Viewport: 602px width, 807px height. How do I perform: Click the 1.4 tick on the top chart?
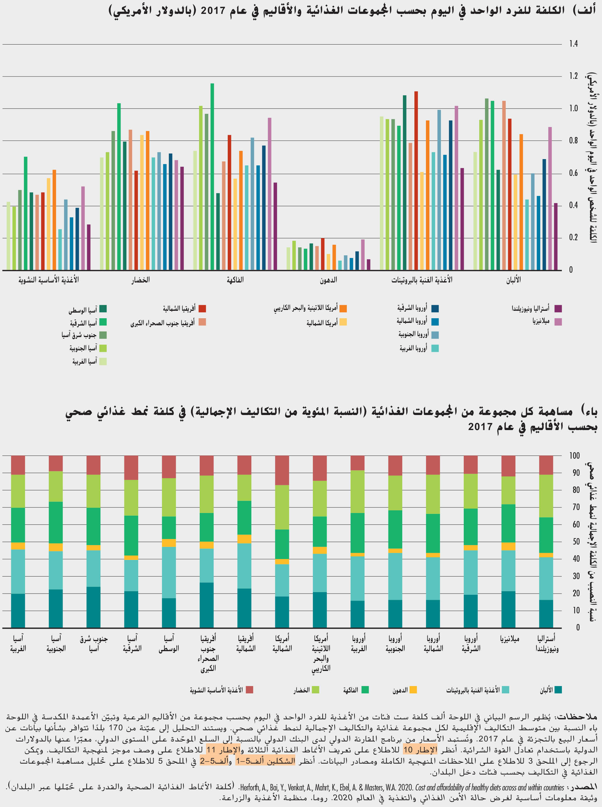[574, 44]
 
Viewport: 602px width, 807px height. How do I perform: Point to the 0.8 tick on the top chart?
[574, 141]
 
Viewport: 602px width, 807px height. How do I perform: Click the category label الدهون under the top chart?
[328, 280]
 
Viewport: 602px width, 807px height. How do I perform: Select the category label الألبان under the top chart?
[513, 280]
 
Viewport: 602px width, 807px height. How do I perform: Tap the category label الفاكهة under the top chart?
[235, 280]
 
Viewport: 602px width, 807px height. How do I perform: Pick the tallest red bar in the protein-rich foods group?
[416, 181]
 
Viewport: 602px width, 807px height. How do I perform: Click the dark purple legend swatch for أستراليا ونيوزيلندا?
[558, 308]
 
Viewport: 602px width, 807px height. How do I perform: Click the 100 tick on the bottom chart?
[574, 455]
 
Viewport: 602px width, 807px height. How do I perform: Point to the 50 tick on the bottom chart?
[576, 542]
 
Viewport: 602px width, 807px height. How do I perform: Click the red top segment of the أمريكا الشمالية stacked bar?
[282, 470]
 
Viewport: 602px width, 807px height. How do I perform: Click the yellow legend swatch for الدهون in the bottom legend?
[413, 690]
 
